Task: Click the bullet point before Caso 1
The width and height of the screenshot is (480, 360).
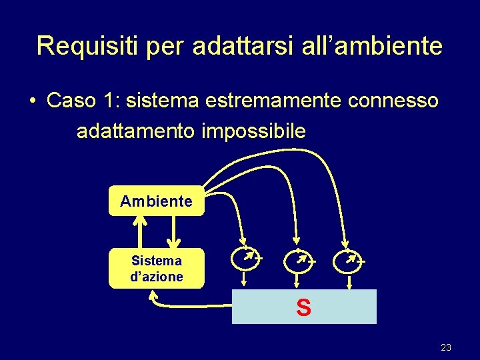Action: pyautogui.click(x=32, y=101)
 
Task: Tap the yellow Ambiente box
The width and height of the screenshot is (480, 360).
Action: pyautogui.click(x=156, y=201)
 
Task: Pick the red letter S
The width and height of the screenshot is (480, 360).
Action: pyautogui.click(x=303, y=308)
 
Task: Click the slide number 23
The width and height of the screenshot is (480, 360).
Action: pyautogui.click(x=446, y=347)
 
